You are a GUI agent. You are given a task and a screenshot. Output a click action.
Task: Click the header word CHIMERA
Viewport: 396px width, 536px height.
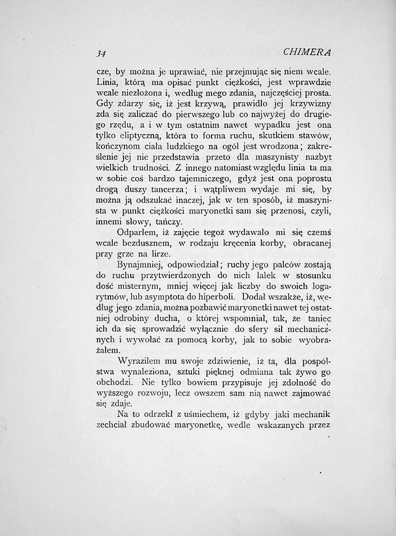coord(308,52)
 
